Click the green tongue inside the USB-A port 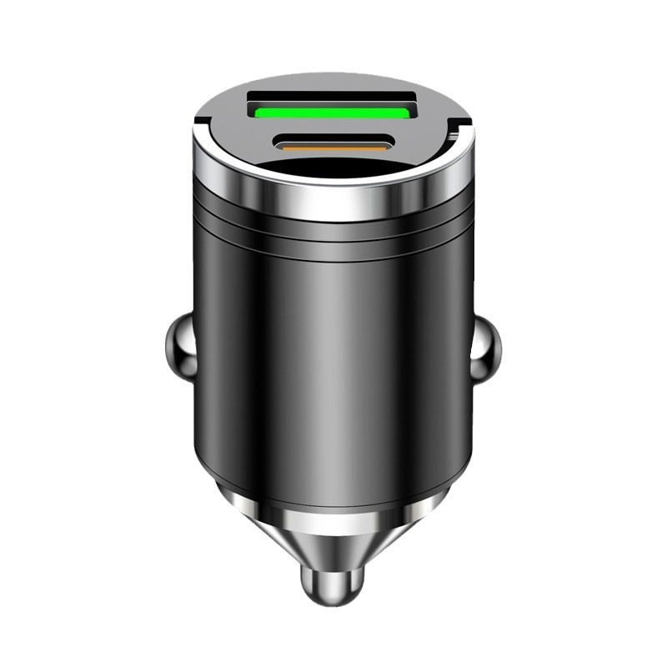(333, 112)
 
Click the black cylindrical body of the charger (333, 359)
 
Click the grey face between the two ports (333, 128)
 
